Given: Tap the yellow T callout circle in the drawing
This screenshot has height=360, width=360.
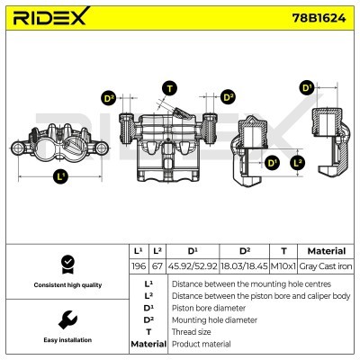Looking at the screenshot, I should [x=168, y=87].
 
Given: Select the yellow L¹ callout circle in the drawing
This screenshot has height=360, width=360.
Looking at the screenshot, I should [x=60, y=175].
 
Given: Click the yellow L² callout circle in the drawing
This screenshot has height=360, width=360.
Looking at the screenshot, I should [x=299, y=162].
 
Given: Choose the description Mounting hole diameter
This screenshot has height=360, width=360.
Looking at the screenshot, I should [x=220, y=319].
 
